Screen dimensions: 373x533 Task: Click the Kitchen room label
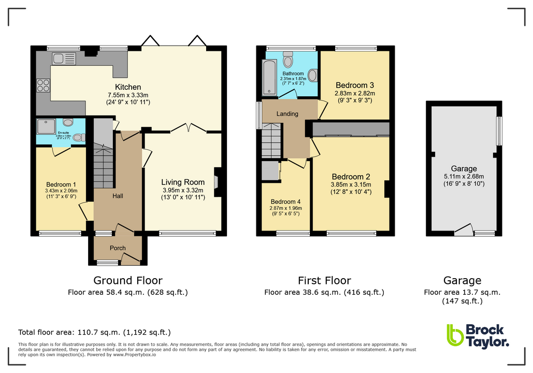128,87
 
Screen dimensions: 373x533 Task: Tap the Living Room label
183,182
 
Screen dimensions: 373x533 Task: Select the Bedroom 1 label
61,184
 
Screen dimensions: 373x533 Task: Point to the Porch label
118,248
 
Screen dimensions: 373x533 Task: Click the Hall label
118,196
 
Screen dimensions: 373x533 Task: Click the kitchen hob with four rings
43,86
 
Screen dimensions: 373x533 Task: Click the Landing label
287,114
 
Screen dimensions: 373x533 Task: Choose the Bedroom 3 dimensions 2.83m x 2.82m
355,93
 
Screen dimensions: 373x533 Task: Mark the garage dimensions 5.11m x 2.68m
464,176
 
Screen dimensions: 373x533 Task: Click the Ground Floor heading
128,281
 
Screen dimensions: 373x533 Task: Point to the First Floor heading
324,281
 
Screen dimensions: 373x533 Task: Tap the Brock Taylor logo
478,335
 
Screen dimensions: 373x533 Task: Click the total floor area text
94,332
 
